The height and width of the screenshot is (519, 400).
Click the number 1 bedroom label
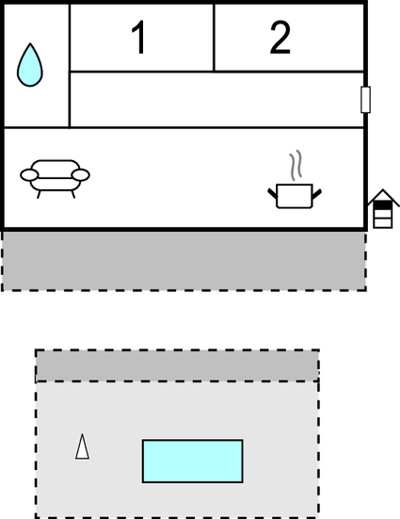click(x=139, y=37)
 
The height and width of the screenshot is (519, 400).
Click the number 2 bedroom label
click(x=280, y=37)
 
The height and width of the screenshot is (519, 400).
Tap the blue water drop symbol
click(x=30, y=65)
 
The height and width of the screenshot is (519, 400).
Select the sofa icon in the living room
click(x=55, y=179)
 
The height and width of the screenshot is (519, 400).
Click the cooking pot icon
click(x=295, y=196)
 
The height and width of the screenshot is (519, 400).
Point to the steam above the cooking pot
click(x=296, y=165)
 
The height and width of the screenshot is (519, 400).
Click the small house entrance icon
click(x=383, y=209)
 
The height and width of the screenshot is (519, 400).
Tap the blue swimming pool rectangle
click(x=193, y=462)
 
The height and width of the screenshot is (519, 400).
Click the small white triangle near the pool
click(x=82, y=446)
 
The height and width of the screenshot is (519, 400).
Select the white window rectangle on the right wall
click(x=365, y=100)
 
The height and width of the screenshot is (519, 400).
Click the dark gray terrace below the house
click(x=184, y=261)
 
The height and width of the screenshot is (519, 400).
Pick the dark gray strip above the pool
click(x=177, y=365)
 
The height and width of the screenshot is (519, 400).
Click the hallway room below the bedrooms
click(x=216, y=99)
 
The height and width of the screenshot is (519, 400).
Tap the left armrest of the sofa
click(x=29, y=175)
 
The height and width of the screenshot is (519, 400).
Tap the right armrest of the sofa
click(x=81, y=175)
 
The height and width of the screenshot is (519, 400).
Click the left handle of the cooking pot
click(x=272, y=193)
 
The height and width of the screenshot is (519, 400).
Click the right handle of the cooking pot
click(x=316, y=194)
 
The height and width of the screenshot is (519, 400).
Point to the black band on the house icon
click(x=383, y=205)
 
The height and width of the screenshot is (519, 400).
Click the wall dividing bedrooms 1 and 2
click(x=214, y=38)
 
